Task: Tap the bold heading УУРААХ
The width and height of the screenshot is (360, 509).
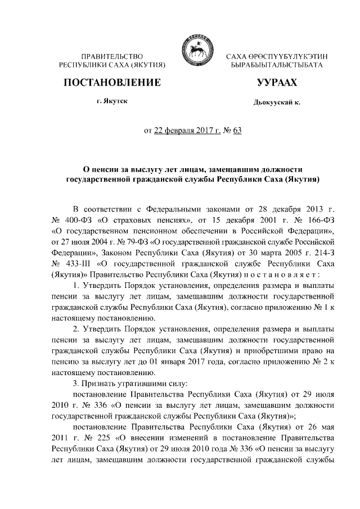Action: (277, 83)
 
